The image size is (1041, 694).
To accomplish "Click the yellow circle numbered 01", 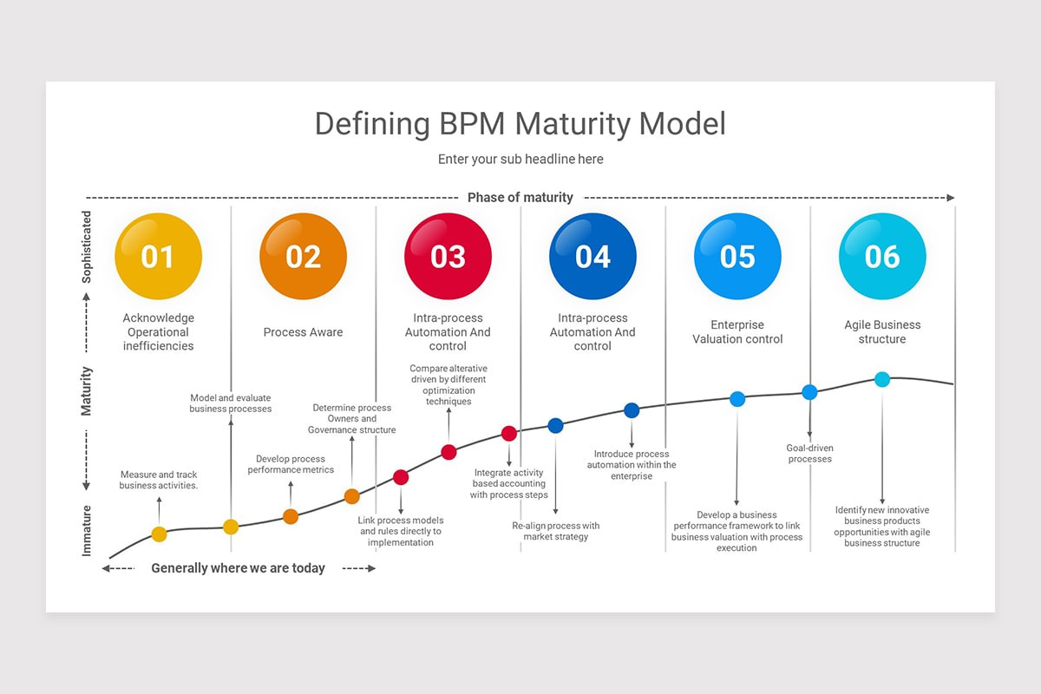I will [x=158, y=257].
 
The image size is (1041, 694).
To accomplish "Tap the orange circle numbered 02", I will [x=303, y=257].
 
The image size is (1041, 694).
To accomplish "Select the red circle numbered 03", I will [x=448, y=257].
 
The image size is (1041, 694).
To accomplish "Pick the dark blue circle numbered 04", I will [x=593, y=257].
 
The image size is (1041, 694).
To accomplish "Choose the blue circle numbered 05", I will [x=737, y=257].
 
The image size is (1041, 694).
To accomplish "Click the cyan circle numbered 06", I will [x=882, y=257].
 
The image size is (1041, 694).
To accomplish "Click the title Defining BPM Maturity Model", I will [x=520, y=124].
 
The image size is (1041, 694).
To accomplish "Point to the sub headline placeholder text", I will [x=520, y=160].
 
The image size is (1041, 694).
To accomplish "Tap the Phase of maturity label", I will [x=520, y=198].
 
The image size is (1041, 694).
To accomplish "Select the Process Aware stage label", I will [x=303, y=332].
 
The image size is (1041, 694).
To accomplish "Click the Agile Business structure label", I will [x=882, y=332].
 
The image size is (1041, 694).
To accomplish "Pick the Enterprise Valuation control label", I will [x=737, y=332].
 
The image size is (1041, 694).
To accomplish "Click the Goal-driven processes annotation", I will [x=809, y=454].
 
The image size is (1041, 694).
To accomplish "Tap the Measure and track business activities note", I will [x=159, y=480].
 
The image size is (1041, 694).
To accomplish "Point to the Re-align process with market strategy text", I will [x=555, y=531].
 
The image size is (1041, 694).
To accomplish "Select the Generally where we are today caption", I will [x=238, y=568].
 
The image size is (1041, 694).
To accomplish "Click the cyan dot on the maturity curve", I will [x=882, y=379].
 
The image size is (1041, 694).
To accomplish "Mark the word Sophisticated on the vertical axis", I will [x=87, y=247].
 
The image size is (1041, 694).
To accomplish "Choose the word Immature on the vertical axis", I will [x=87, y=531].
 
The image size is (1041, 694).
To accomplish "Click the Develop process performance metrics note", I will [x=291, y=464].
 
